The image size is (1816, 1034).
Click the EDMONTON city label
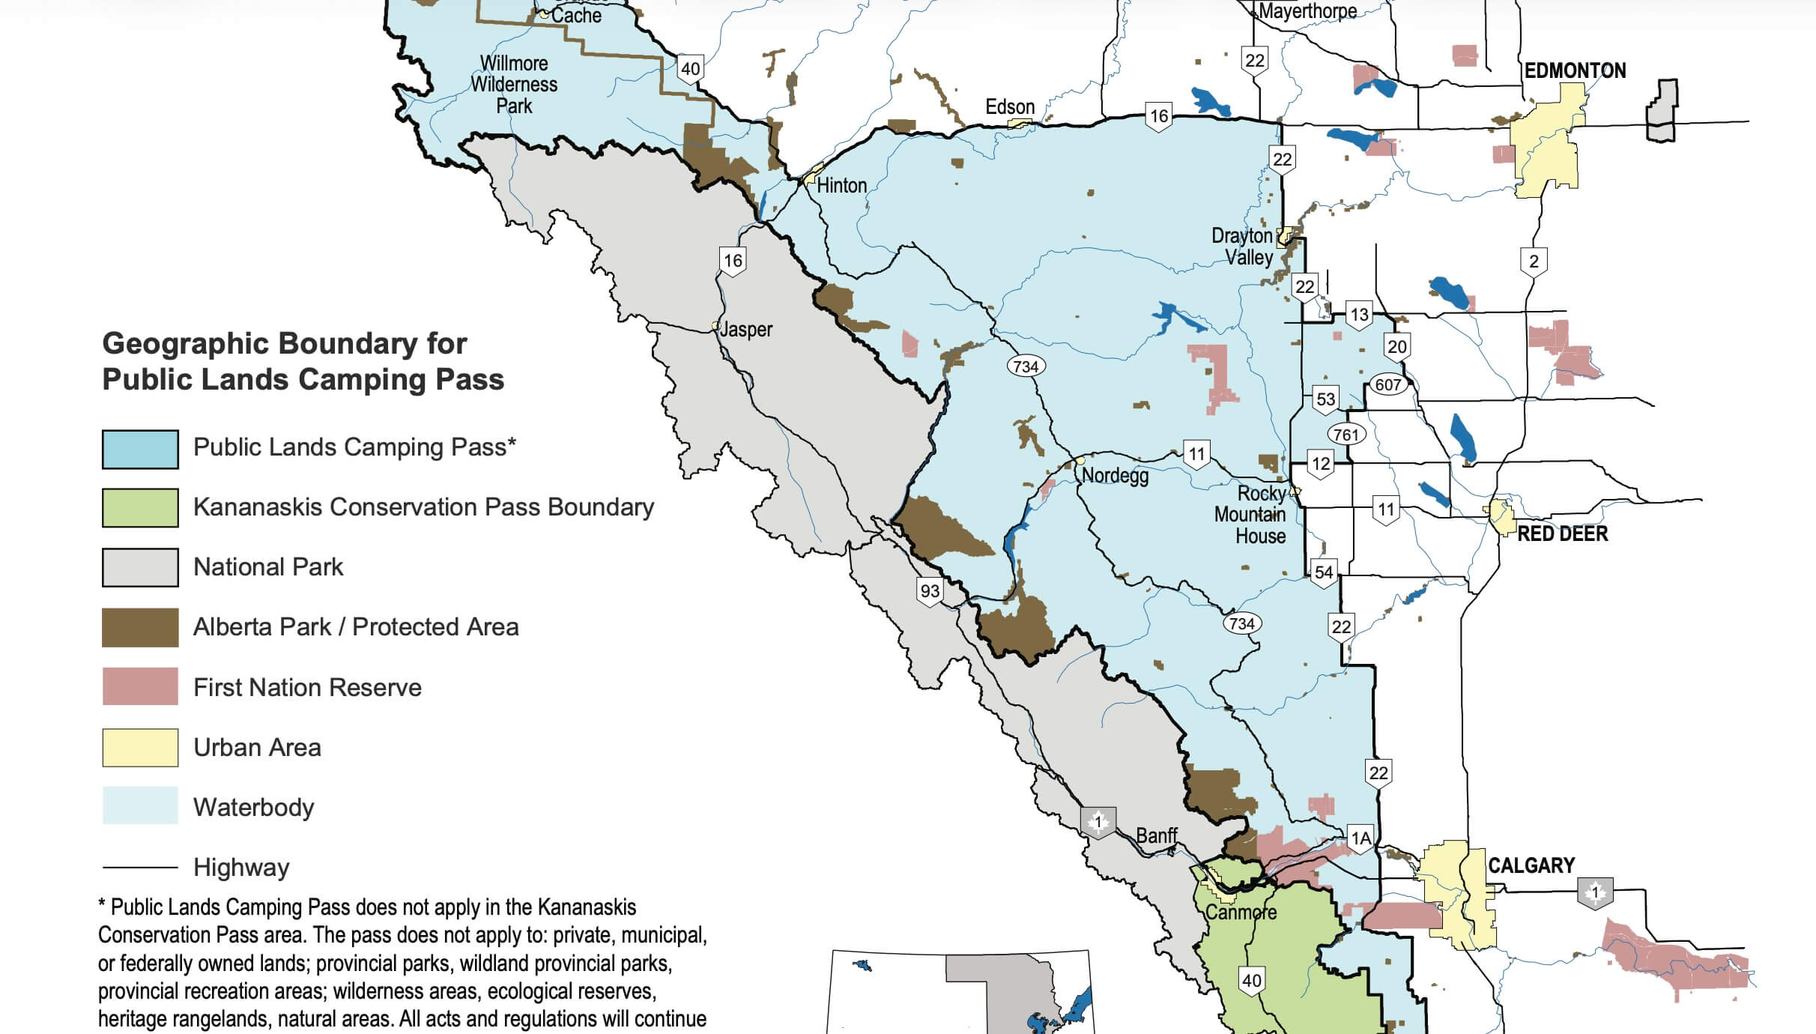click(1575, 70)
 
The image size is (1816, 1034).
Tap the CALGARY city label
click(1531, 865)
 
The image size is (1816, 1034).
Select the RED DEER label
click(1562, 533)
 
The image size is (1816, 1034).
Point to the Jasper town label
click(745, 329)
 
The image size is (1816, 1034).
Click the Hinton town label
click(841, 185)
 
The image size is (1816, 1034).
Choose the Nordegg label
click(1115, 475)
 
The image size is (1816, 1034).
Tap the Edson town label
click(1009, 106)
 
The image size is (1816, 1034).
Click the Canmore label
click(1241, 912)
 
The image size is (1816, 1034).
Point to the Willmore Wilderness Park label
click(514, 84)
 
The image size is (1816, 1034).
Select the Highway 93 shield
click(930, 590)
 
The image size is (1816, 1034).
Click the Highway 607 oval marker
click(1387, 384)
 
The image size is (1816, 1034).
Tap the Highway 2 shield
click(1534, 261)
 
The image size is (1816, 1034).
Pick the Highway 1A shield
click(1360, 838)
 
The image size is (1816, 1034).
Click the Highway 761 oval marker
click(1346, 434)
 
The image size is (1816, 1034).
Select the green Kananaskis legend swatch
click(140, 508)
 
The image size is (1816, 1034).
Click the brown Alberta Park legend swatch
click(140, 627)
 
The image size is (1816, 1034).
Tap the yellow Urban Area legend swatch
click(140, 748)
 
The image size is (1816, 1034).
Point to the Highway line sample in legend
click(140, 868)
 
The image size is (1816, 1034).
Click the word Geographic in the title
click(186, 343)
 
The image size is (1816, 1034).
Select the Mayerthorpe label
click(1307, 10)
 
